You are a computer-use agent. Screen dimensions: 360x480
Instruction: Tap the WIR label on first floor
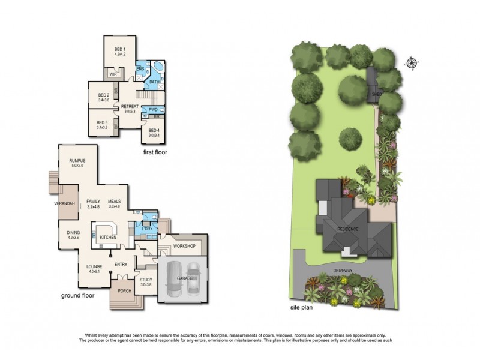coord(112,74)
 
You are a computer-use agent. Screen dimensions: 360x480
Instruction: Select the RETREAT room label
coord(130,106)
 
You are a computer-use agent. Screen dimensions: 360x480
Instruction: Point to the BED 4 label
coord(153,130)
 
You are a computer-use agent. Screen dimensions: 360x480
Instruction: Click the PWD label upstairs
coord(152,109)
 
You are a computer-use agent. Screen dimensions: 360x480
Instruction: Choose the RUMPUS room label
coord(76,161)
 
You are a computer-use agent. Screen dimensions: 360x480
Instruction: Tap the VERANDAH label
coord(64,204)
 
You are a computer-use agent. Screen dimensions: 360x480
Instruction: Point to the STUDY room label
coord(146,280)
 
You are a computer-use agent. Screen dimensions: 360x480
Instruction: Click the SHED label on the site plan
coord(376,94)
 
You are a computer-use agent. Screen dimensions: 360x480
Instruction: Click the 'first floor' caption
coord(154,153)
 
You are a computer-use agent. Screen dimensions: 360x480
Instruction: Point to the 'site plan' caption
coord(302,306)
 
